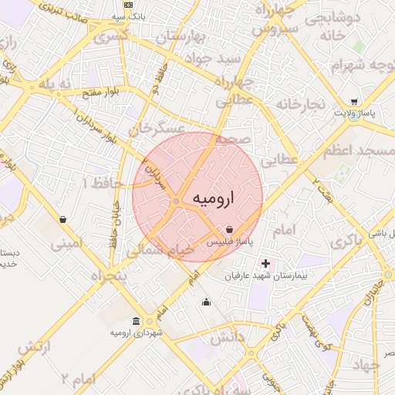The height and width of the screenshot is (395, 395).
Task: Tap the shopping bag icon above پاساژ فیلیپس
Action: click(230, 229)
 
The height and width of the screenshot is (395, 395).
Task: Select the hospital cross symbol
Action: click(266, 263)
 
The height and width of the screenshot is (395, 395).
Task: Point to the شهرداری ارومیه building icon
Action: click(137, 321)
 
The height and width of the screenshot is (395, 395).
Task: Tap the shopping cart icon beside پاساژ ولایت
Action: click(353, 102)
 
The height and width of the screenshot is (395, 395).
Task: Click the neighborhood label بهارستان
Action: click(181, 37)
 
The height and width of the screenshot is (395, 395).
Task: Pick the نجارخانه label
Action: click(302, 104)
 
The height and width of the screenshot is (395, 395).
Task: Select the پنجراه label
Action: click(108, 275)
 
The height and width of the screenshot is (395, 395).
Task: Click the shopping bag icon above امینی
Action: click(62, 219)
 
